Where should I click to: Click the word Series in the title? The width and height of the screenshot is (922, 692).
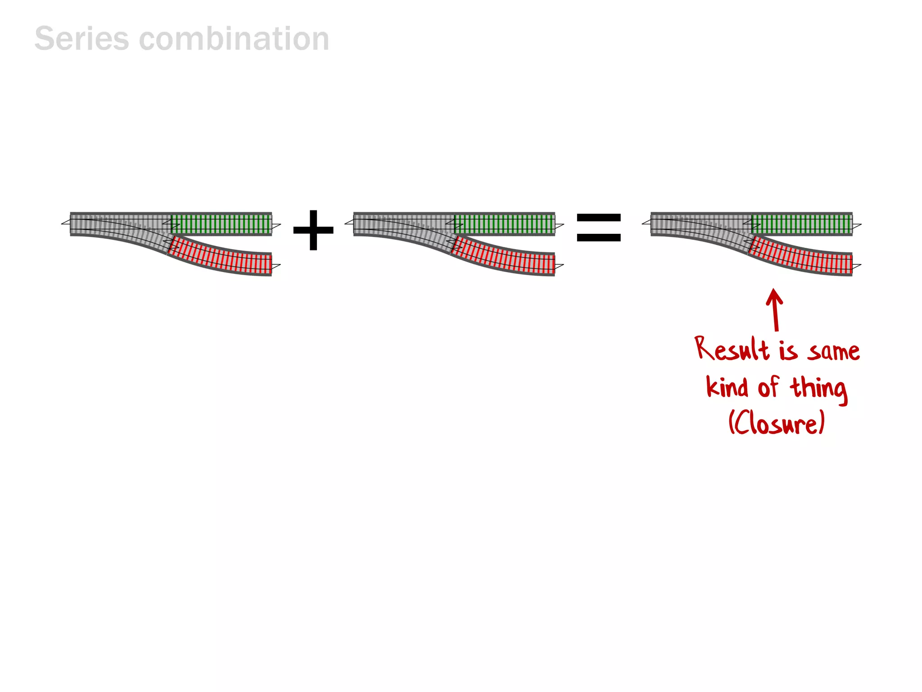(81, 39)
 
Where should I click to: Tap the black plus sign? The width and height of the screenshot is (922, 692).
(313, 230)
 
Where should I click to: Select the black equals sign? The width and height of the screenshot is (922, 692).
(599, 228)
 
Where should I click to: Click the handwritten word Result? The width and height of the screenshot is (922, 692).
(732, 350)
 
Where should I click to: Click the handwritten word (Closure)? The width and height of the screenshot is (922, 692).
(777, 423)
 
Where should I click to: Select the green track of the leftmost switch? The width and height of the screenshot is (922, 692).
(221, 223)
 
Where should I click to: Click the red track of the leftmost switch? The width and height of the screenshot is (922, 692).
(221, 256)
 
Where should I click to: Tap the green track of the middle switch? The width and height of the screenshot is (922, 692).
(505, 223)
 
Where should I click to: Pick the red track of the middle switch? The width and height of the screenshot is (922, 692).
(504, 256)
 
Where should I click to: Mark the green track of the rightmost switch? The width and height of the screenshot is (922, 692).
(802, 223)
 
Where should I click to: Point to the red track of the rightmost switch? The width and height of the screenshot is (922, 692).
(801, 256)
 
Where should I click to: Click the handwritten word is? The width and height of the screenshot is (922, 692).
(788, 351)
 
